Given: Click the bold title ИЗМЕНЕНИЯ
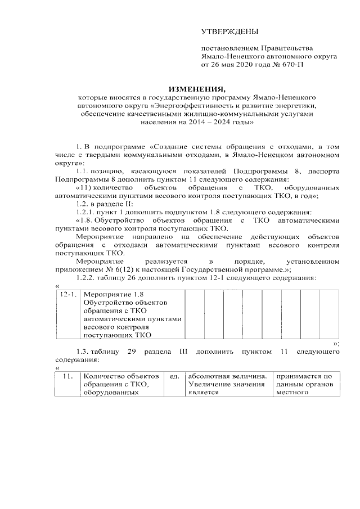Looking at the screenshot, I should point(197,89).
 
